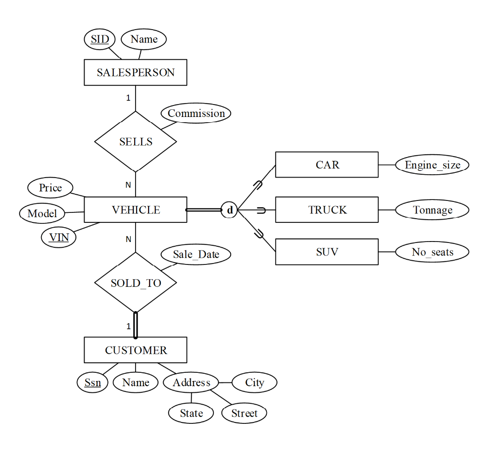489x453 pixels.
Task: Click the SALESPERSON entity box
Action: (x=136, y=73)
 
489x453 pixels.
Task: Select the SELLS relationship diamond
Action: (x=136, y=142)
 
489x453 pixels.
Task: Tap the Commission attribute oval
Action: (x=196, y=114)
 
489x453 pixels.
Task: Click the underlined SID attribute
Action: (x=100, y=39)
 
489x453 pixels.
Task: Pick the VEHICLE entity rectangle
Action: (x=136, y=210)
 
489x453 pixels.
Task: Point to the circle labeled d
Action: (x=230, y=210)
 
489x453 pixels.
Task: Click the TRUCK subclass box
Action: (x=327, y=210)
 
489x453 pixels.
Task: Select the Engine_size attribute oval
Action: (x=432, y=165)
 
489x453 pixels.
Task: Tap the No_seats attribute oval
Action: (x=432, y=252)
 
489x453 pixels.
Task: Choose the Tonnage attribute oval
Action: (x=432, y=210)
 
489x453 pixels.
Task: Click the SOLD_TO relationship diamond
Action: (x=136, y=283)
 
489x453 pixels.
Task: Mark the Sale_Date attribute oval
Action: (x=196, y=254)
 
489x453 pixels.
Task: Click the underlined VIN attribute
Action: (x=59, y=237)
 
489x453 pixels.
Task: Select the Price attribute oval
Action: (x=50, y=188)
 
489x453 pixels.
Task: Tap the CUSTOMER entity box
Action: (x=136, y=350)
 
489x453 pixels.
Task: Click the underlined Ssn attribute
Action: (x=93, y=383)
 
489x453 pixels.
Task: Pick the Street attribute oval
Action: (x=244, y=413)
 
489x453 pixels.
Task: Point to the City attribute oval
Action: (x=254, y=383)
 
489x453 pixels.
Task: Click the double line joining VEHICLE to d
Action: (x=204, y=210)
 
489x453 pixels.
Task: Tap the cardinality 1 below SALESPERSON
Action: (x=128, y=98)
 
